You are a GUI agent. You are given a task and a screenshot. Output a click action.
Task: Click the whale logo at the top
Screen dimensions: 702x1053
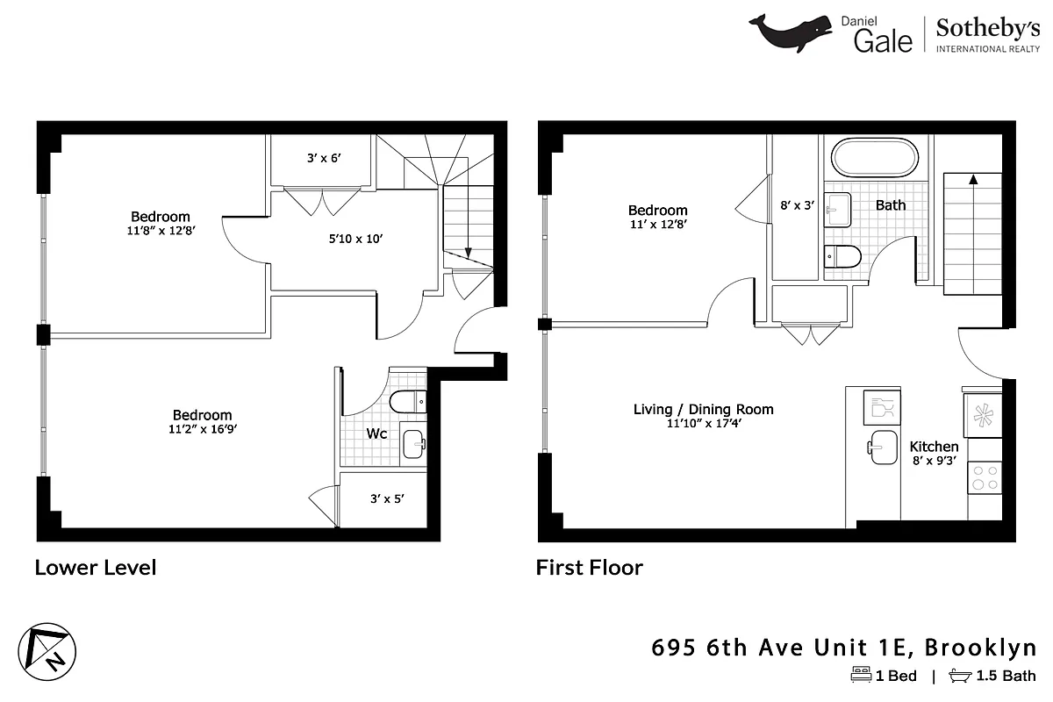[790, 32]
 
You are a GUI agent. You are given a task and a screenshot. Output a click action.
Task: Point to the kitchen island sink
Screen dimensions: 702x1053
[883, 445]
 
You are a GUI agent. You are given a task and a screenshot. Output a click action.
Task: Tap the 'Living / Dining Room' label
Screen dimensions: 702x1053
[703, 409]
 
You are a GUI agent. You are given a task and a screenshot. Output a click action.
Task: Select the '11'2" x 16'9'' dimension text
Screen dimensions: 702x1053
[202, 429]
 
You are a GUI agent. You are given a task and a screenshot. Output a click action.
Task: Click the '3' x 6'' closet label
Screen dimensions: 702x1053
[322, 159]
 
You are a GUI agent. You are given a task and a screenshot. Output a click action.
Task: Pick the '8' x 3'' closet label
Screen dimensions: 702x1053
[798, 205]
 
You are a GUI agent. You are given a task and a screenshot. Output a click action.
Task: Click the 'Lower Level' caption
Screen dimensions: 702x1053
[95, 568]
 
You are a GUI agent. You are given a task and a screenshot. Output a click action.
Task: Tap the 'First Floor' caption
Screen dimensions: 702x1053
[589, 568]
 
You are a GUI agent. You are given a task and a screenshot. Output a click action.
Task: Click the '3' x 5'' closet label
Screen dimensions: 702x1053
[385, 498]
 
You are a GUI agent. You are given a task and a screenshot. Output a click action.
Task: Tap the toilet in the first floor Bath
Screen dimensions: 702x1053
[843, 255]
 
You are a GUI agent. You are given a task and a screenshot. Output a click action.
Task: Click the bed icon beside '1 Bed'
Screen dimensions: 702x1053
[860, 676]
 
